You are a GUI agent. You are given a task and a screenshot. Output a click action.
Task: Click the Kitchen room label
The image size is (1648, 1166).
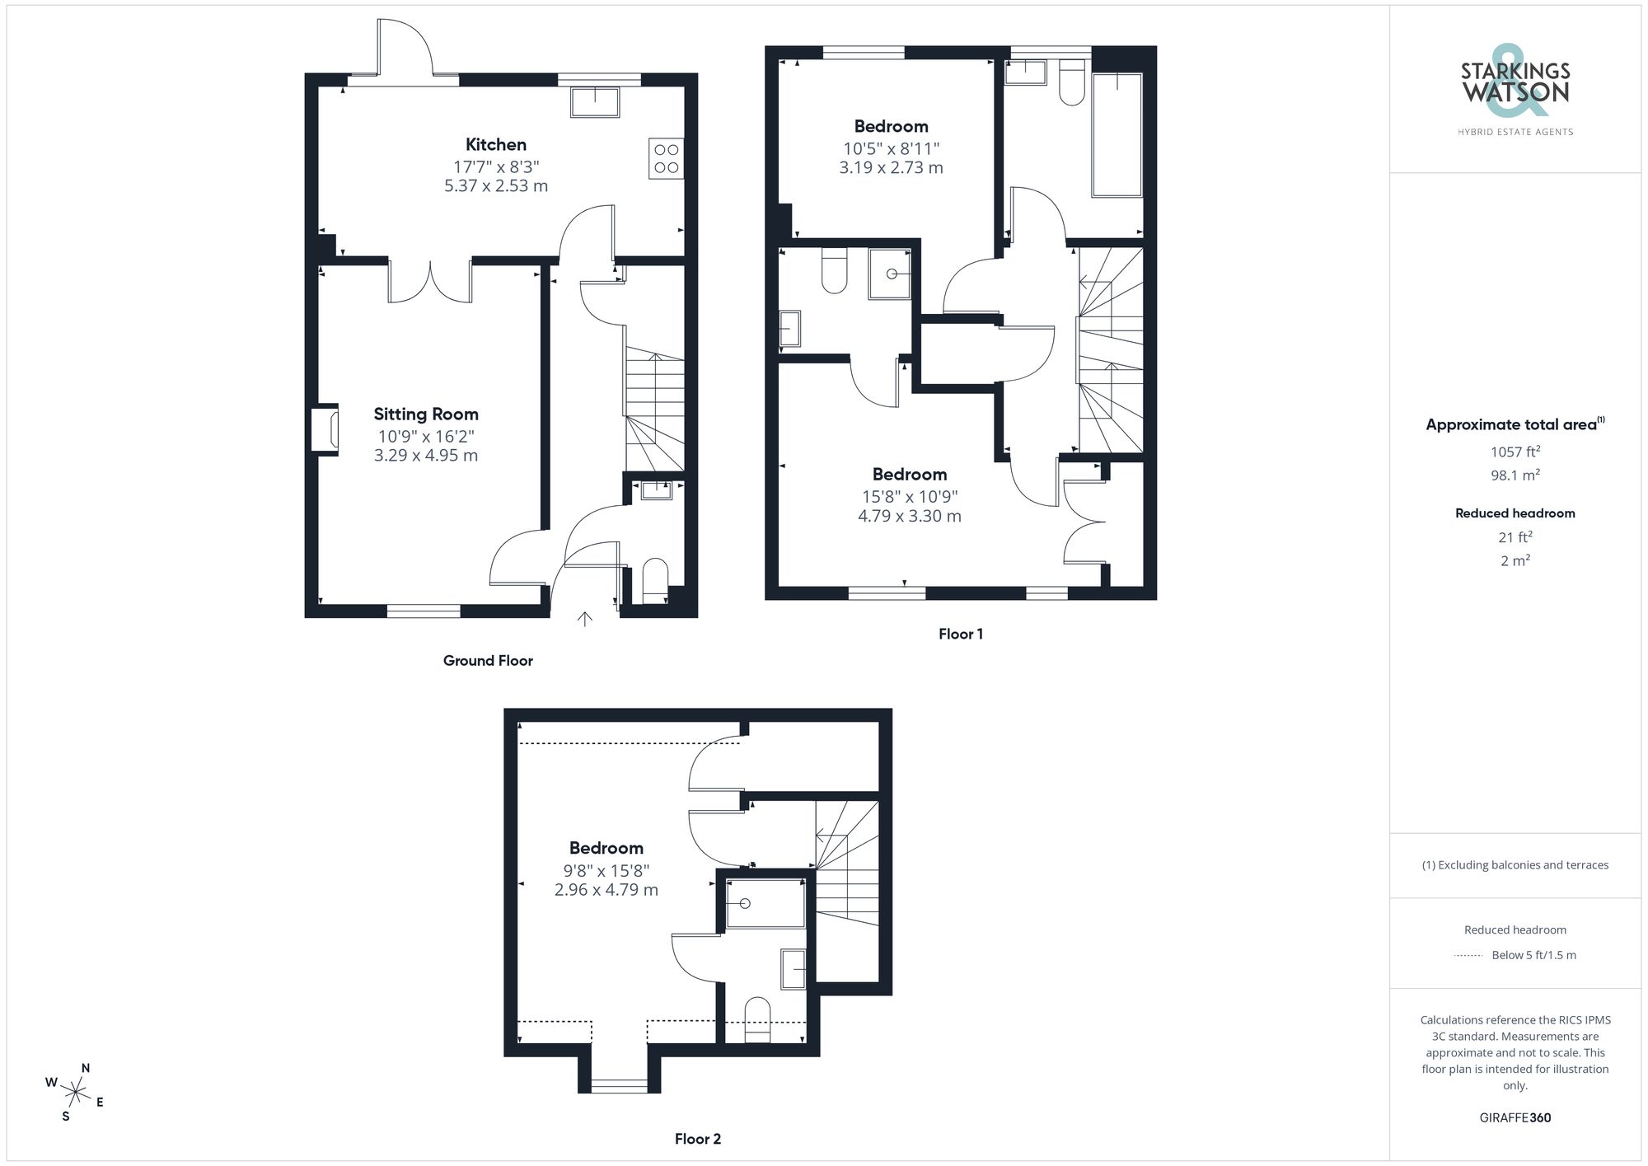(x=495, y=145)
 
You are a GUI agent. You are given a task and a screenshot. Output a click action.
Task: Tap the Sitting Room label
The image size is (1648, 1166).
(x=425, y=414)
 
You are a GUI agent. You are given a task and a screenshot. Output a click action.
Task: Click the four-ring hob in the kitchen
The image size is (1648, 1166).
(x=666, y=158)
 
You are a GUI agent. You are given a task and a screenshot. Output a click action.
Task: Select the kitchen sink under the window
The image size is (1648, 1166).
(x=594, y=101)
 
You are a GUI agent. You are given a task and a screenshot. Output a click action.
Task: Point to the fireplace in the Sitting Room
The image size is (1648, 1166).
(x=325, y=428)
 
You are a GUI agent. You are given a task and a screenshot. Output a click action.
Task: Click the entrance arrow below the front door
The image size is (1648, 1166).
(x=584, y=619)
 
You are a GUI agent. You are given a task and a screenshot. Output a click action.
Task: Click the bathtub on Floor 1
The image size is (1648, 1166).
(x=1117, y=135)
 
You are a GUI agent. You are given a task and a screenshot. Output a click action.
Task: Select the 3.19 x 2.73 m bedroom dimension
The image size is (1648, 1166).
(x=891, y=168)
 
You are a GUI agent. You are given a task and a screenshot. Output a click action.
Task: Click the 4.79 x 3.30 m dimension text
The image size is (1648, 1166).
(x=909, y=517)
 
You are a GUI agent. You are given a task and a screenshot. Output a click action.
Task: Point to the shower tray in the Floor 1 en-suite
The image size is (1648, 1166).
(x=890, y=274)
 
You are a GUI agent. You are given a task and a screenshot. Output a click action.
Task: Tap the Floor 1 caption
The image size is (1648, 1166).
(x=960, y=635)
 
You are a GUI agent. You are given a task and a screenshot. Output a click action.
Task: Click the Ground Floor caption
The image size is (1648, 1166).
(x=488, y=661)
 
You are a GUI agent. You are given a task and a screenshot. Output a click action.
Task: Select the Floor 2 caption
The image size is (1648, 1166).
(x=697, y=1140)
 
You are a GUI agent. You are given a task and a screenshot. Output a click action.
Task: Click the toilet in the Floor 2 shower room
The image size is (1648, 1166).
(x=756, y=1019)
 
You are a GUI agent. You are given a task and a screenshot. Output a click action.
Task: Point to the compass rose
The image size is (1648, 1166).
(x=76, y=1093)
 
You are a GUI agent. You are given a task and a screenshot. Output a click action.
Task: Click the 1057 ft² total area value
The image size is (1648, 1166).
(x=1515, y=452)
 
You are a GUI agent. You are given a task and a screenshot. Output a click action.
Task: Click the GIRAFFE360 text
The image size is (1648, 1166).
(x=1515, y=1118)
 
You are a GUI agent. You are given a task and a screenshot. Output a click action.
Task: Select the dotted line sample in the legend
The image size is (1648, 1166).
(x=1468, y=956)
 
